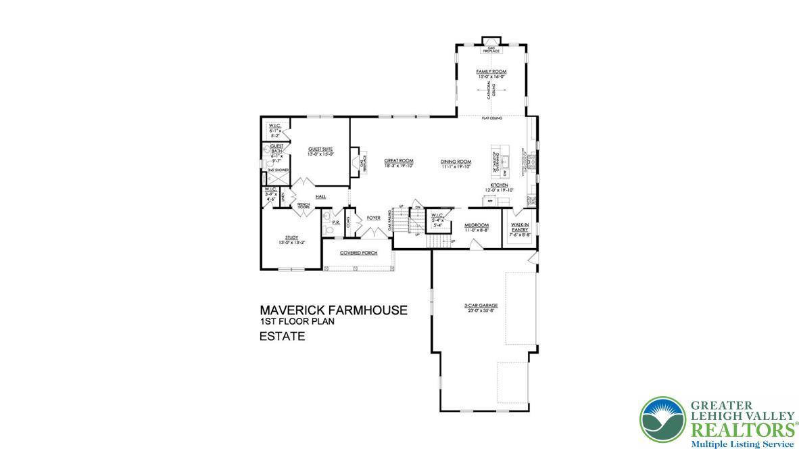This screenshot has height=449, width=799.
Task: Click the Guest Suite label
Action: (x=320, y=151)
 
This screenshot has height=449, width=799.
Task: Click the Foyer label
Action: (x=373, y=218)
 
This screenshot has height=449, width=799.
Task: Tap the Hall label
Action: (x=320, y=197)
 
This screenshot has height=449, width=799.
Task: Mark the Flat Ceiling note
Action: (x=491, y=118)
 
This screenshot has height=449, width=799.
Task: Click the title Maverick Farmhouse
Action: (x=333, y=310)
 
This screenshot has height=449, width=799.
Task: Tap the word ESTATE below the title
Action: (x=282, y=336)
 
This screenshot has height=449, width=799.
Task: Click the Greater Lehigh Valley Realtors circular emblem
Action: (x=662, y=419)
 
